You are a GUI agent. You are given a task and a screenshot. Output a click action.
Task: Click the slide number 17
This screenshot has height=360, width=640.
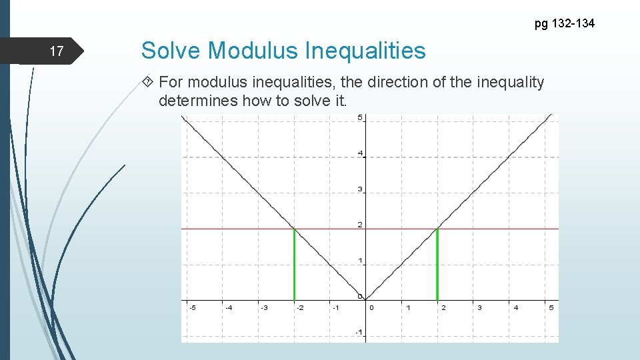pos(57,51)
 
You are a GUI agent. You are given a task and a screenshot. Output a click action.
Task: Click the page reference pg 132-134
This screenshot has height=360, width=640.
pos(565,24)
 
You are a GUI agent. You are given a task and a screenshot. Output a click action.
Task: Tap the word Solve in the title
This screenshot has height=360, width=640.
pos(172,51)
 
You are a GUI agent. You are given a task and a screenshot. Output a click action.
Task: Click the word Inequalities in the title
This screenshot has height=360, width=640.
pos(365,51)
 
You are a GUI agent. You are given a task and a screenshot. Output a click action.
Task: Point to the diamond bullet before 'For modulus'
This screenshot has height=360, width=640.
pos(148,83)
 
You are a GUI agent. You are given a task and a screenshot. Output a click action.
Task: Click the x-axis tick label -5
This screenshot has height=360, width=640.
pos(191,308)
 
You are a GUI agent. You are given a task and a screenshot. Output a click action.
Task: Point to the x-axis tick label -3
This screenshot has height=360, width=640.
pos(263,308)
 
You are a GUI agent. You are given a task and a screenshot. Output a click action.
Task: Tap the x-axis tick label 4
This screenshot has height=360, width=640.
pos(515,308)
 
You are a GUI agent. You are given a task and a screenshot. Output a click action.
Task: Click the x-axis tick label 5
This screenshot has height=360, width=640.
pos(551,308)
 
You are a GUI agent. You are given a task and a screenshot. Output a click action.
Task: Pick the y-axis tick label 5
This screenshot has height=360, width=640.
pos(360,118)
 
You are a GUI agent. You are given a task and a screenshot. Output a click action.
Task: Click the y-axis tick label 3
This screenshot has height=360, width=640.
pos(360,190)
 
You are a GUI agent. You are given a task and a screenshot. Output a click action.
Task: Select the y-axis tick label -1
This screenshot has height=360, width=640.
pos(359,332)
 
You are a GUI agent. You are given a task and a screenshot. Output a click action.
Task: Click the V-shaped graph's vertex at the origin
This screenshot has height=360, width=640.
pos(366,299)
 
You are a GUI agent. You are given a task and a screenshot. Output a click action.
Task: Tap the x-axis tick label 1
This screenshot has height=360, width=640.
pos(408,308)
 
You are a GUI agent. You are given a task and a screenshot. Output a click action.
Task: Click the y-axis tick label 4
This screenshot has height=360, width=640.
pos(360,154)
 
